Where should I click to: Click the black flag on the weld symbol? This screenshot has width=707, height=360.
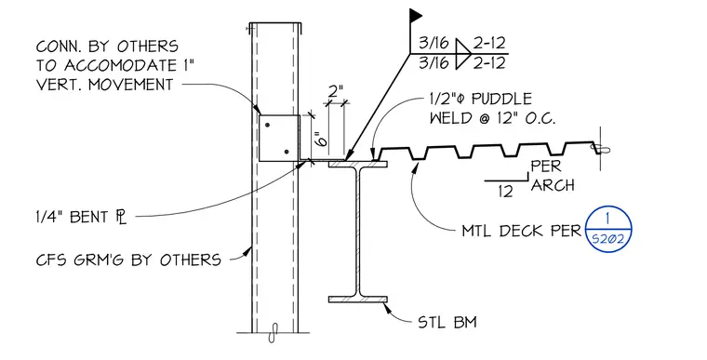click(x=415, y=16)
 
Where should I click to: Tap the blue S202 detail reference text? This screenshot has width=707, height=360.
click(x=607, y=239)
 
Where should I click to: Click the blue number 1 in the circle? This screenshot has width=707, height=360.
click(x=607, y=220)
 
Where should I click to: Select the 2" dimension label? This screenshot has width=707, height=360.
click(x=336, y=91)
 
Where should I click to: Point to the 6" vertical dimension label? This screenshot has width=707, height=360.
click(x=321, y=139)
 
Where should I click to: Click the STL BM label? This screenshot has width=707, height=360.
click(x=447, y=323)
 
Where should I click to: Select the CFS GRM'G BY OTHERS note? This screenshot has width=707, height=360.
click(x=128, y=260)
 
